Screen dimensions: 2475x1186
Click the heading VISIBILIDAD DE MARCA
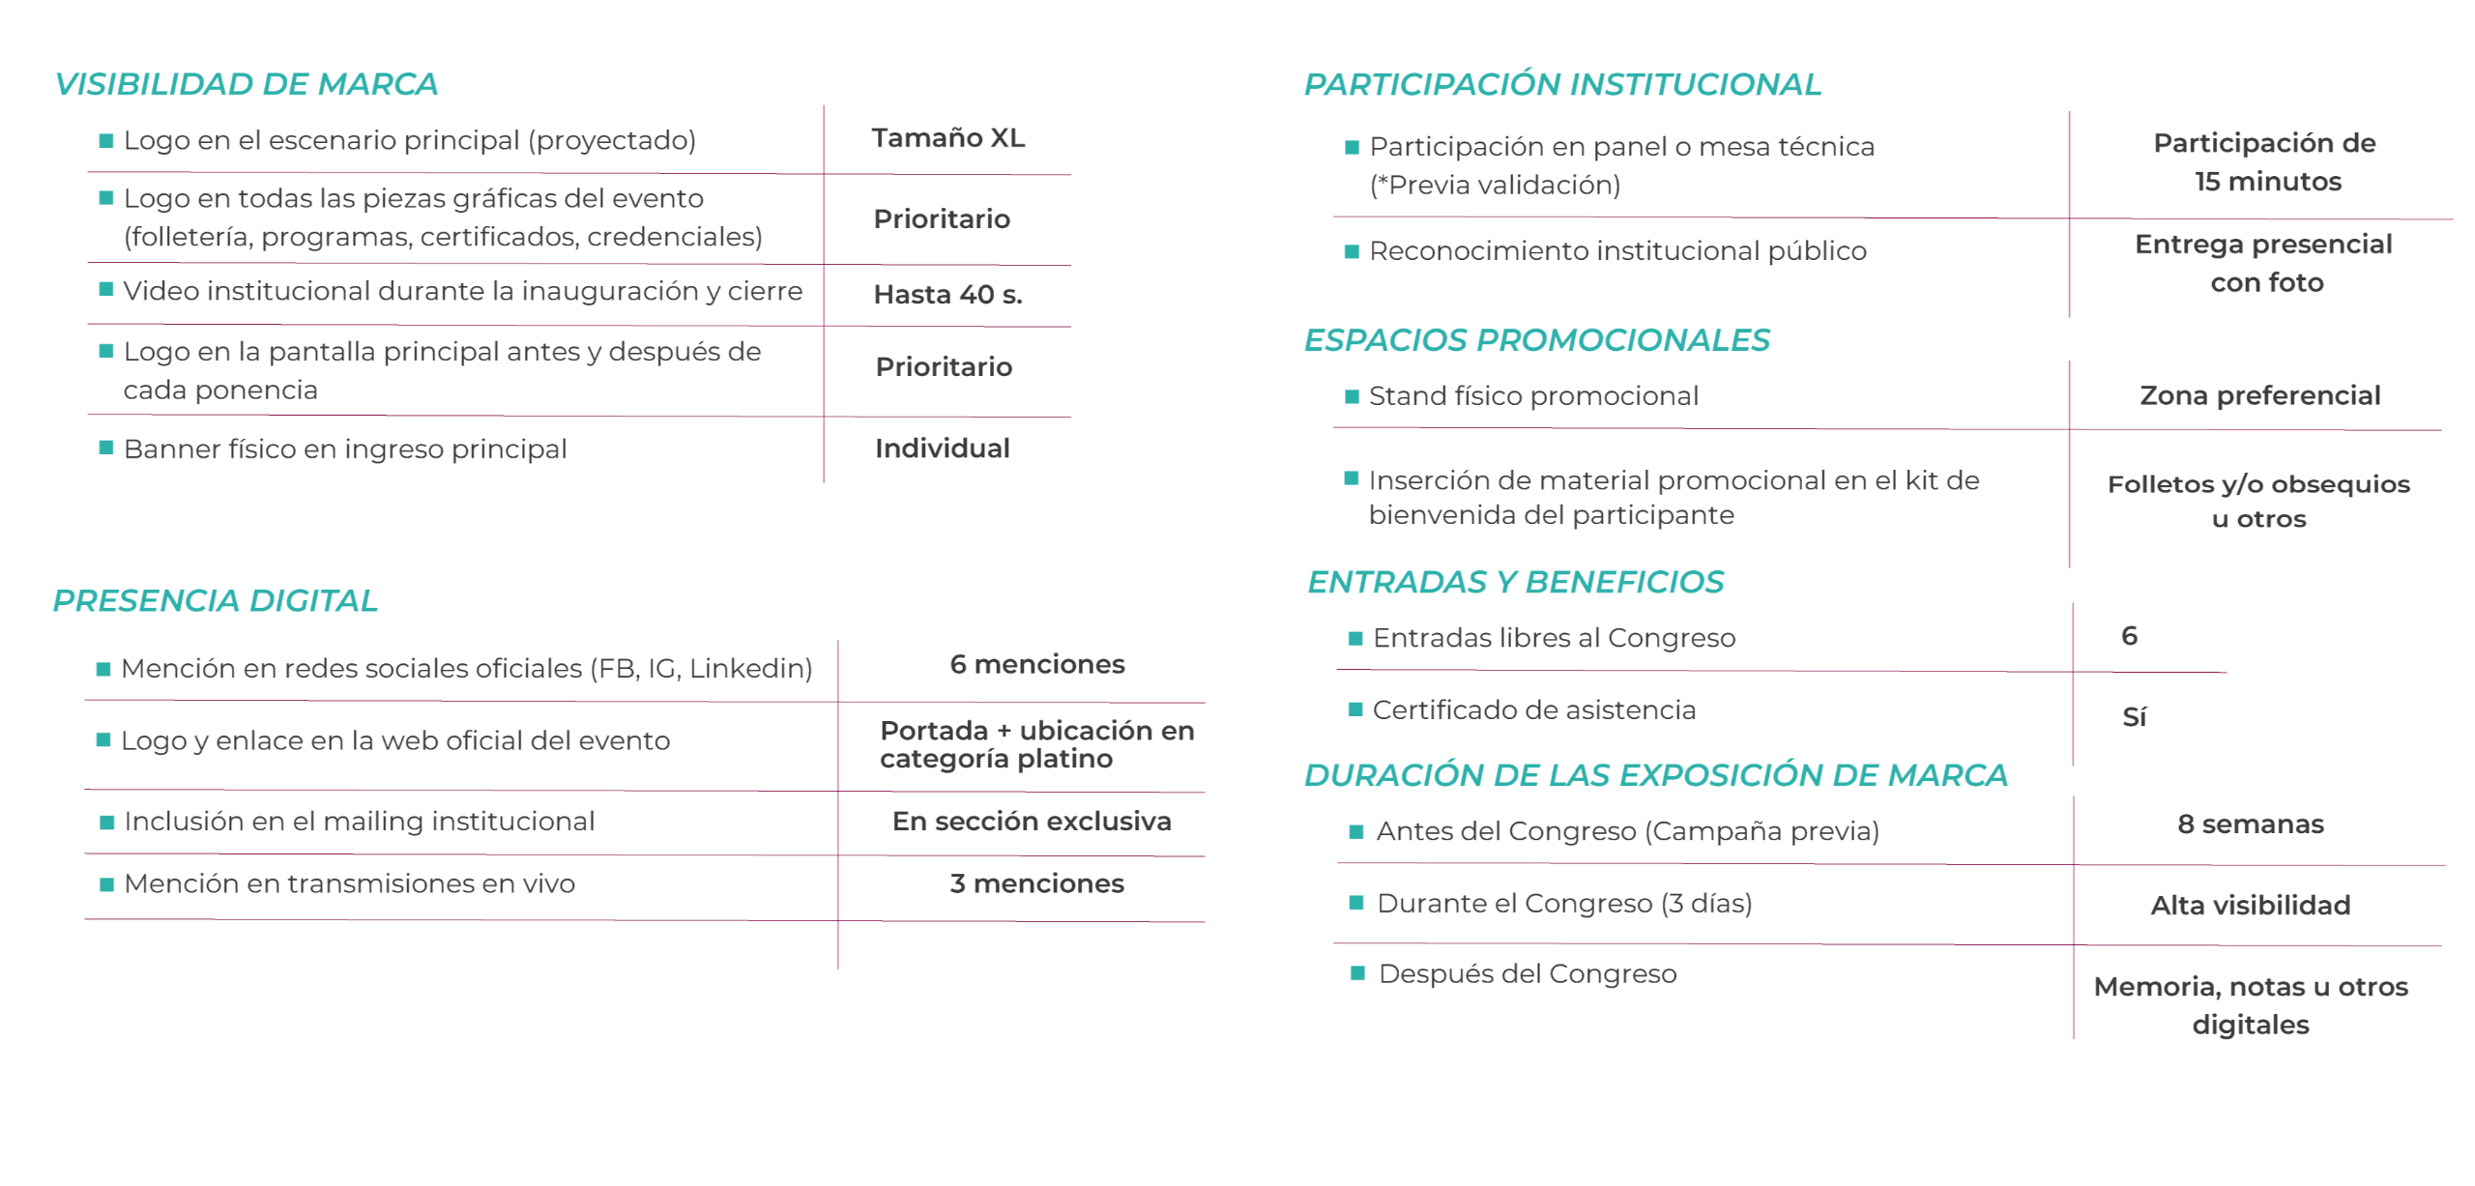point(247,84)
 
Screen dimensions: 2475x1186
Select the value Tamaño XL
point(947,138)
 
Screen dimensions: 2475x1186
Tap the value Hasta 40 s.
point(947,294)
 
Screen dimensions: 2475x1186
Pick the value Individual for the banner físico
point(943,448)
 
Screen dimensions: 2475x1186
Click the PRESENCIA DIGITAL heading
point(216,600)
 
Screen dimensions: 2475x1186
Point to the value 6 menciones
point(1037,664)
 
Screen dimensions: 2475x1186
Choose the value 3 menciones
point(1037,883)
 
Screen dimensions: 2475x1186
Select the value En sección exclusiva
point(1032,821)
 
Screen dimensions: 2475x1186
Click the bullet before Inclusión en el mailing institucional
point(107,823)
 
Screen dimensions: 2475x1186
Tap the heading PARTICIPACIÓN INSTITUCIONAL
point(1562,84)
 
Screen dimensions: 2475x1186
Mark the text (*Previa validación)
point(1495,185)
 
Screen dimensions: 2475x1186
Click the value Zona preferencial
point(2259,395)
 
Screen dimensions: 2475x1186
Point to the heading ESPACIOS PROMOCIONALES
point(1536,340)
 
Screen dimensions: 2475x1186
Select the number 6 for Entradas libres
point(2129,636)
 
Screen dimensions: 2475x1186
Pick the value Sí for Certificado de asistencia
point(2134,716)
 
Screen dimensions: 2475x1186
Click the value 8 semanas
point(2251,824)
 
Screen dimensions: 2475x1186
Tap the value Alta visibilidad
point(2251,905)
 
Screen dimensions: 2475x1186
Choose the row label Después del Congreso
point(1528,973)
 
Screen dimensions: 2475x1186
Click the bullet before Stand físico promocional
point(1353,396)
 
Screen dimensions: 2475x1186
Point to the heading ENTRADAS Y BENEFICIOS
point(1515,582)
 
